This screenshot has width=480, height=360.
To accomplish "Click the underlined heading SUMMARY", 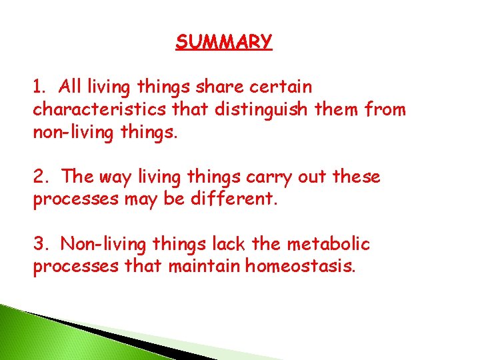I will pyautogui.click(x=224, y=42).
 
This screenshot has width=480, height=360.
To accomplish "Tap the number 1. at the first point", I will pyautogui.click(x=40, y=87).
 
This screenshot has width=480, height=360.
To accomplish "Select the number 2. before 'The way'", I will pyautogui.click(x=41, y=177).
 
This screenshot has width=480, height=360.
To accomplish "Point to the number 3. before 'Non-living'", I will pyautogui.click(x=41, y=244).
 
